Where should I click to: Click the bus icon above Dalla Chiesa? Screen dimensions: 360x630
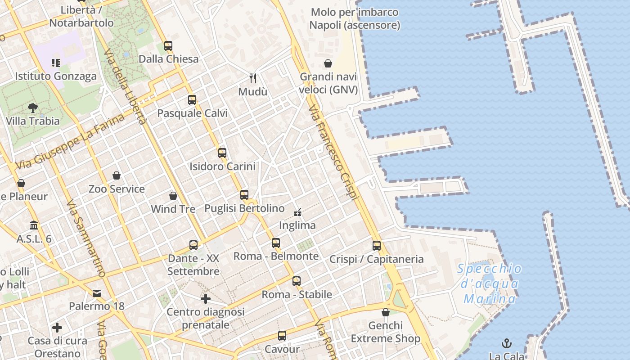(168, 45)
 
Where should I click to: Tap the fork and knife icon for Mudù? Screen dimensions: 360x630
(253, 78)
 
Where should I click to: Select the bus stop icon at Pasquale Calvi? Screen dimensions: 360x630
(192, 100)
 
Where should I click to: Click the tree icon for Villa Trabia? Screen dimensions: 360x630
(32, 108)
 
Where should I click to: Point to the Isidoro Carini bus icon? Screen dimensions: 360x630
(222, 153)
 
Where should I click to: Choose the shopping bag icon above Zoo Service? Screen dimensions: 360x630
(117, 175)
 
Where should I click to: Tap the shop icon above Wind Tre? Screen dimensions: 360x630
(173, 196)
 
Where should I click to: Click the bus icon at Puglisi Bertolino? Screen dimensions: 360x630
(244, 195)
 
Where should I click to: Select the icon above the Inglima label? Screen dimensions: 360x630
(297, 211)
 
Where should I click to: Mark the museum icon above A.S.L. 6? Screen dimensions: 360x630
(34, 225)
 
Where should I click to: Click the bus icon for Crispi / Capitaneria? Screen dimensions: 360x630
(377, 246)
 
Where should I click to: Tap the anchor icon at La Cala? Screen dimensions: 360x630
(507, 343)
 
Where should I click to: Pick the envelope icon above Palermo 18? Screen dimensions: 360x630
(97, 293)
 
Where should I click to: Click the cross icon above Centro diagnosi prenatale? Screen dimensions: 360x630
(206, 298)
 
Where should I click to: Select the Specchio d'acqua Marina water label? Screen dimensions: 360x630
(490, 284)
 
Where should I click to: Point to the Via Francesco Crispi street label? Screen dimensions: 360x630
(333, 153)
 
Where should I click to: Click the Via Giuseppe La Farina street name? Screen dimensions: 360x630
(70, 142)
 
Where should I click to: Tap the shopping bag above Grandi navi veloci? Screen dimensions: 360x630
(328, 63)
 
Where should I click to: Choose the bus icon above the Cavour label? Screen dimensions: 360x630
(282, 336)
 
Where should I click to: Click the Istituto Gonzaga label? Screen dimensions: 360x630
(56, 76)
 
